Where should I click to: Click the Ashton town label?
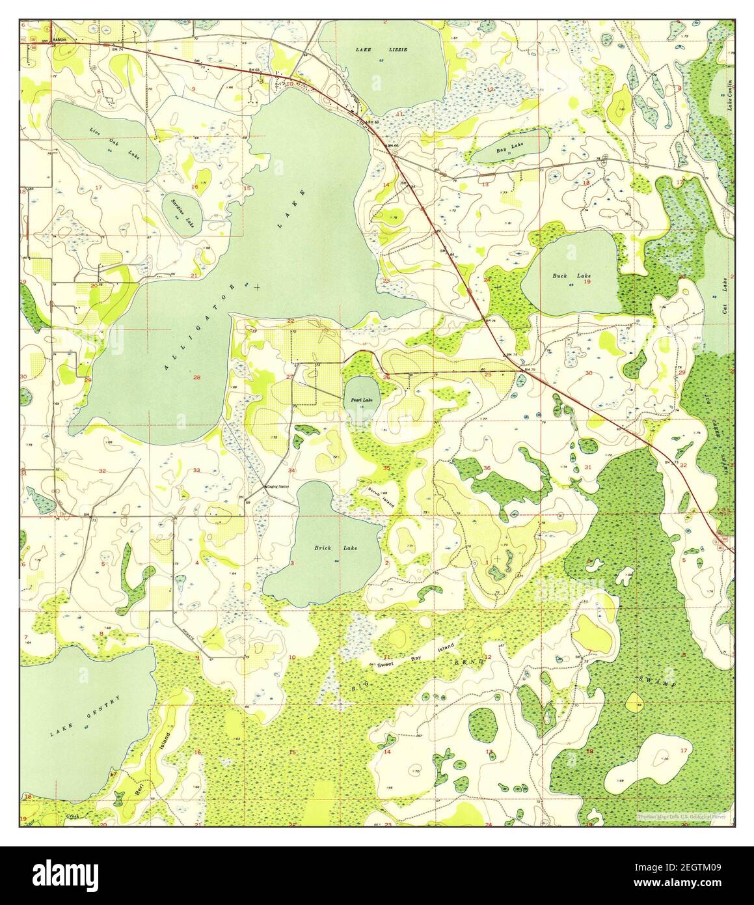(x=61, y=40)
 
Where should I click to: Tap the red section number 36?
(x=487, y=468)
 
